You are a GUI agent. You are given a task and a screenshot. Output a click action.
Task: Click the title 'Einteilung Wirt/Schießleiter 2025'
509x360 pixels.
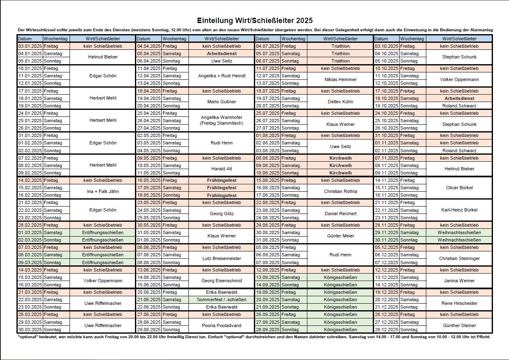[x=255, y=21]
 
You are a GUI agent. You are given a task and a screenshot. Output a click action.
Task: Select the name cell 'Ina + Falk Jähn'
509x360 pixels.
[x=102, y=191]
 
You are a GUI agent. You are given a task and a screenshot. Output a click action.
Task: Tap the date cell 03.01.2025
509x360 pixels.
[x=30, y=46]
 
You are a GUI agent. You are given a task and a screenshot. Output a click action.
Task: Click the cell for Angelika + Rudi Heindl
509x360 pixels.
[x=221, y=76]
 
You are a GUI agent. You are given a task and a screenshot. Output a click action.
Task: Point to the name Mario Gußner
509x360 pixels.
[x=221, y=102]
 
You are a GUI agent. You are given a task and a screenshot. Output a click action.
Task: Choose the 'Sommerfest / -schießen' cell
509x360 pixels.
[x=221, y=300]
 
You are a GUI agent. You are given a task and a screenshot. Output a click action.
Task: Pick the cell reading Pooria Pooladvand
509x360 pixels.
[x=221, y=325]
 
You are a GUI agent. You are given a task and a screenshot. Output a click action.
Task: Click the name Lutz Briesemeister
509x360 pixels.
[x=221, y=258]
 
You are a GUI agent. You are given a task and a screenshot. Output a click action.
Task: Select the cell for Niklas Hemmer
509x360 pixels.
[x=340, y=79]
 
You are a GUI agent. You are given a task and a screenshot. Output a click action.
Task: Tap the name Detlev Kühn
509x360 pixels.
[x=340, y=102]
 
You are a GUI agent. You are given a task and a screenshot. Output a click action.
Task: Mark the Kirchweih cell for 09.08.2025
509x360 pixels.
[x=340, y=165]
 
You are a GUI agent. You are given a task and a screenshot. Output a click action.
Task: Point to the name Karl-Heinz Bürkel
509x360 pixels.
[x=459, y=210]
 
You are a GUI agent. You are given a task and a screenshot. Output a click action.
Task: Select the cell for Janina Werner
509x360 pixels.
[x=459, y=281]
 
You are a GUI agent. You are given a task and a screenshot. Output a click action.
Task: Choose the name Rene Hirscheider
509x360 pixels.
[x=459, y=303]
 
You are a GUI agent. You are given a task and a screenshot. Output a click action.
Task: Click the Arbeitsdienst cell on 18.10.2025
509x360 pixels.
[x=459, y=98]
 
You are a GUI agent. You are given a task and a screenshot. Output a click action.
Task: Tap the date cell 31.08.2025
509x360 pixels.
[x=267, y=240]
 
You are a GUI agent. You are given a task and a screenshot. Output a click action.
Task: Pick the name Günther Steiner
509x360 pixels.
[x=459, y=325]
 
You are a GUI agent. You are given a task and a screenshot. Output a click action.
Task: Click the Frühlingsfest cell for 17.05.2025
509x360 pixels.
[x=221, y=188]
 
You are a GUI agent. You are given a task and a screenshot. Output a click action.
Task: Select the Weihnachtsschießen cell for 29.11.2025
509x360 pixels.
[x=459, y=232]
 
